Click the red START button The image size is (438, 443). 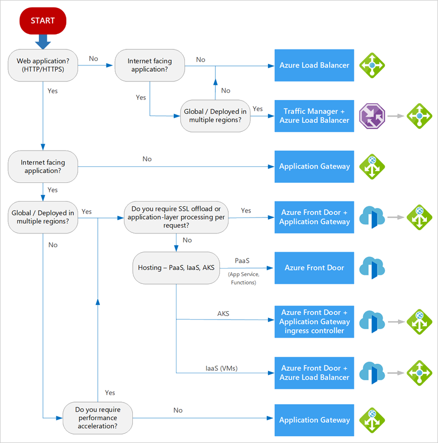coord(43,21)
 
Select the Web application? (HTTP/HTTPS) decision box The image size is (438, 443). coord(43,65)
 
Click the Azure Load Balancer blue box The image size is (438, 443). coord(314,65)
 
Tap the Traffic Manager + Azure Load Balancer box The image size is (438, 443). coord(314,116)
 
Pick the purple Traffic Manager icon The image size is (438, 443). coord(372,116)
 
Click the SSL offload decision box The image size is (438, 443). coord(176,218)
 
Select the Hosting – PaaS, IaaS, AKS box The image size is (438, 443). coord(176,268)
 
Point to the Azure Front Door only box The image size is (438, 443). coord(314,268)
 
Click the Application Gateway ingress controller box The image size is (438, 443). coord(314,322)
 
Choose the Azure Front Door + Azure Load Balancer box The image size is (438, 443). coord(314,373)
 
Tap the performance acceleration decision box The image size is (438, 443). coord(98,418)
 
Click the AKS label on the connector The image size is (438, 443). coord(223,314)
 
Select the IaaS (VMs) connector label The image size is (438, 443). coord(222,369)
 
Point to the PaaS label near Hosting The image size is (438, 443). coord(242,261)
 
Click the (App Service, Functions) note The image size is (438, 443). coord(243,278)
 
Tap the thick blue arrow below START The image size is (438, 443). coord(43,42)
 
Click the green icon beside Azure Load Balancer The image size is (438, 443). coord(372,65)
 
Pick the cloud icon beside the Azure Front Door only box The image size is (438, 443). coord(372,268)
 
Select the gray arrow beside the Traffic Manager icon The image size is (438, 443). coord(395,116)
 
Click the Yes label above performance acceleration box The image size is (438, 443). coord(110,392)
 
